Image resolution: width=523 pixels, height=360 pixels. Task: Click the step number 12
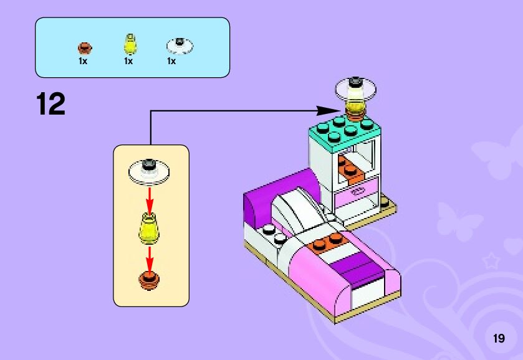(x=50, y=104)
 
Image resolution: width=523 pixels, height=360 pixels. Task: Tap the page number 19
(x=498, y=338)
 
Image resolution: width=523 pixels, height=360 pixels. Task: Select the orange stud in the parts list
(x=84, y=47)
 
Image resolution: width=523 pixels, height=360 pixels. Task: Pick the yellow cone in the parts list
(x=129, y=45)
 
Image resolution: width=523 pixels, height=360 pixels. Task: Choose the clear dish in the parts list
(x=179, y=45)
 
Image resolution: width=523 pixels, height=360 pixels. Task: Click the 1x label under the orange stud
(x=82, y=61)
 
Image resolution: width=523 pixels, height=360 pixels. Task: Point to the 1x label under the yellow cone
(x=128, y=61)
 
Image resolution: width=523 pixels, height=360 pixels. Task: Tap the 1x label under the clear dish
(x=171, y=61)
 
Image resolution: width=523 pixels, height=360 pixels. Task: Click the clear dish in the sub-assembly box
(x=150, y=169)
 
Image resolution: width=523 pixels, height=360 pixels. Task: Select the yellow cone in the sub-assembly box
(x=149, y=227)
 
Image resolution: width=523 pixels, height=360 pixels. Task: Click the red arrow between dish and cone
(x=150, y=198)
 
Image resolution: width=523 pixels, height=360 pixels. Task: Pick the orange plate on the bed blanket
(x=327, y=242)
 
